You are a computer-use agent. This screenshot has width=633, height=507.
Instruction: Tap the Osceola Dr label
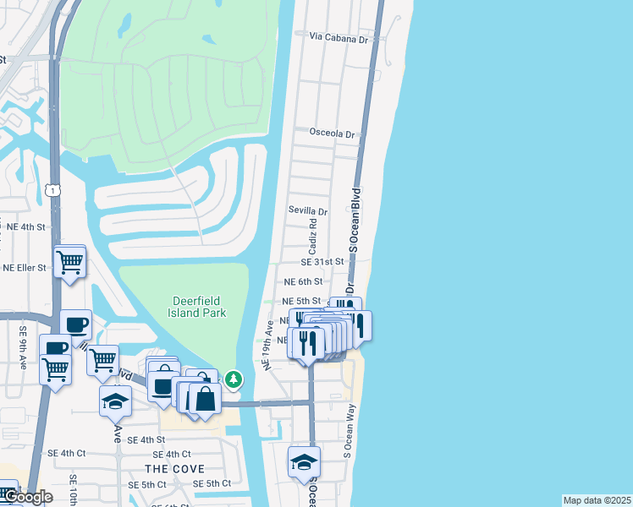click(x=335, y=133)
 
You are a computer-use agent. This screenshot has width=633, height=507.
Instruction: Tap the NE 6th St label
click(x=303, y=281)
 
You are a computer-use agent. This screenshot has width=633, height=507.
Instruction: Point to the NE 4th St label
click(x=25, y=227)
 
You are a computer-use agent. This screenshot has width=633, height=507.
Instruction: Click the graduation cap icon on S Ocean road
click(x=304, y=461)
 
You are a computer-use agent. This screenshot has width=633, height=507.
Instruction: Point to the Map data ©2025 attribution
click(x=597, y=500)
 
